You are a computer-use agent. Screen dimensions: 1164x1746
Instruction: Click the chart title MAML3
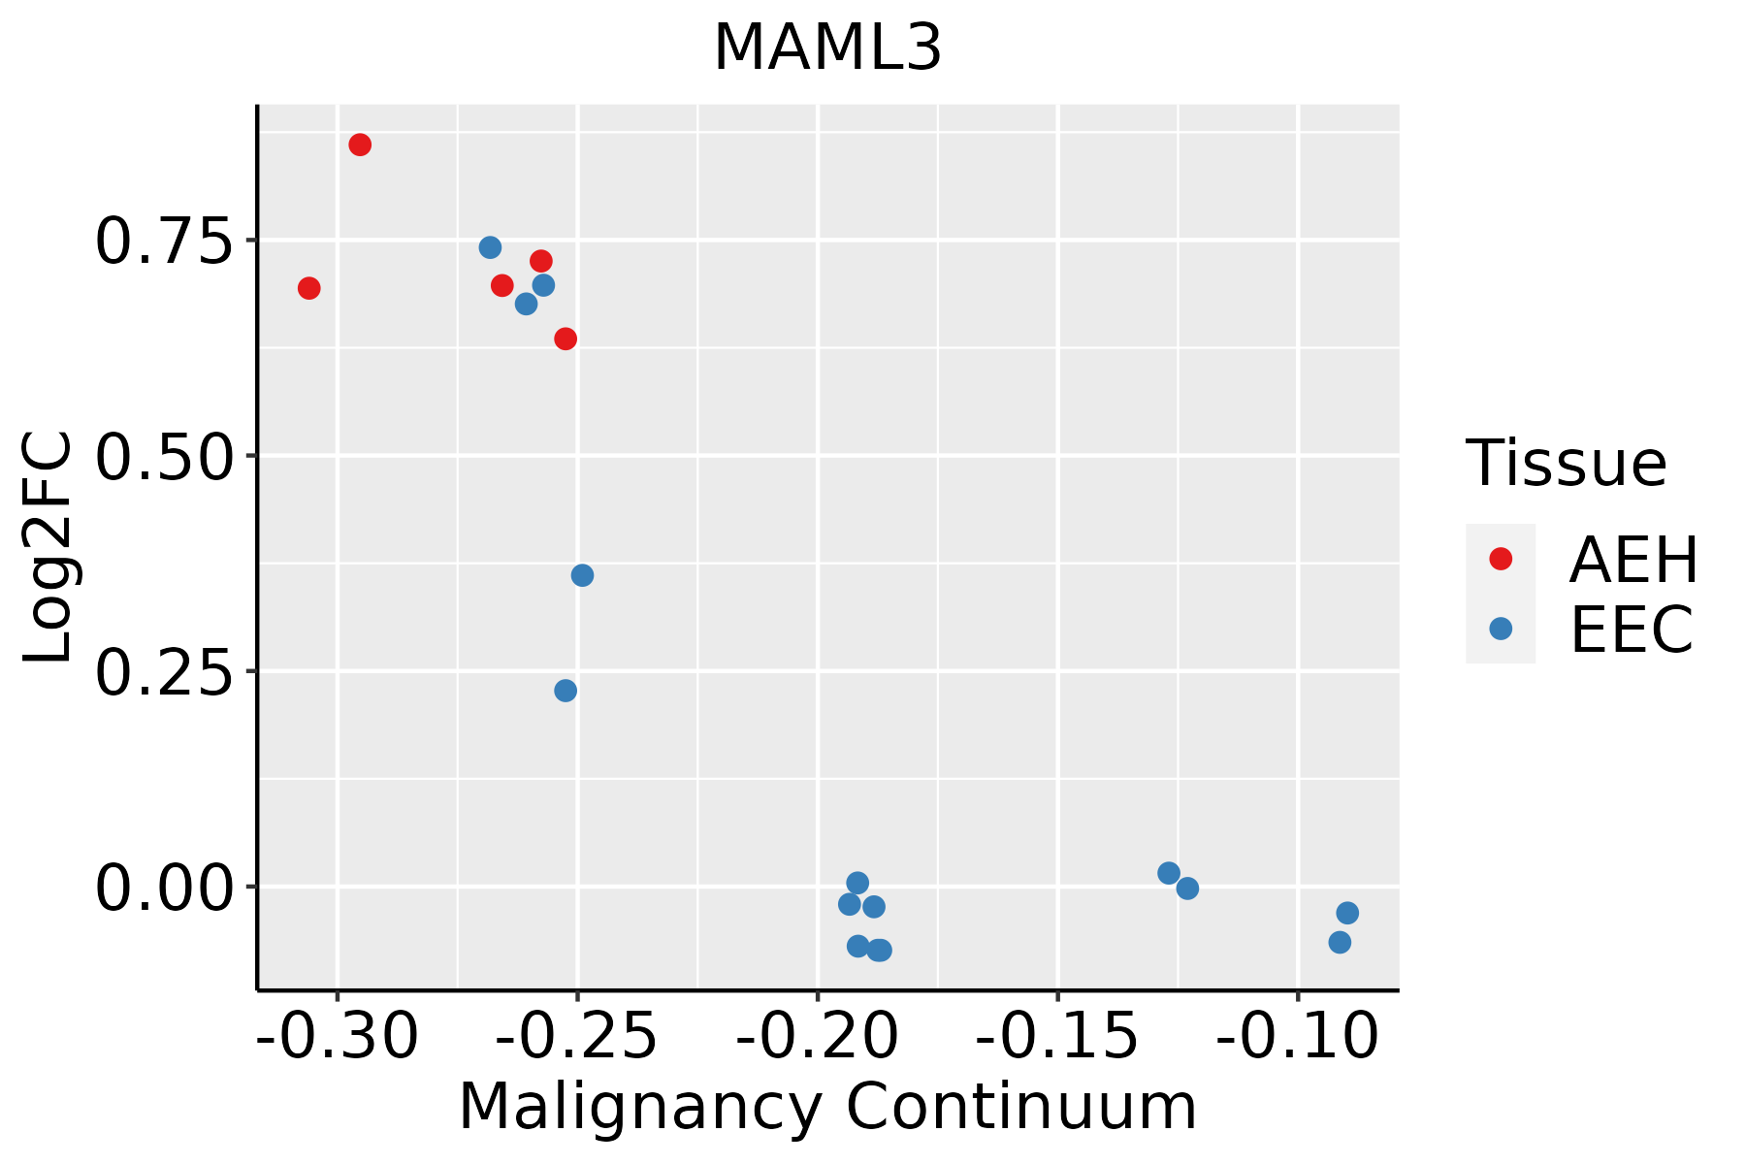point(827,48)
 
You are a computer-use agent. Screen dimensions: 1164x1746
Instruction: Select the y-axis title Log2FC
point(48,548)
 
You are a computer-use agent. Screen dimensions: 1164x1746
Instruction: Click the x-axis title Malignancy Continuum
point(827,1106)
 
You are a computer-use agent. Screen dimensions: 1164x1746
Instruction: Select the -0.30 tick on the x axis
point(337,1036)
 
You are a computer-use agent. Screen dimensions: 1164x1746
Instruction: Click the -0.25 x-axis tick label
point(577,1036)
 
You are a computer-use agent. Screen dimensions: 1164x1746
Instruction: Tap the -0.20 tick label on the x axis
point(818,1036)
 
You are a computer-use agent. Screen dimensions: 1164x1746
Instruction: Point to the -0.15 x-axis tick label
point(1057,1036)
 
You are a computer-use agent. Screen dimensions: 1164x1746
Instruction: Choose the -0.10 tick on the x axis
point(1297,1036)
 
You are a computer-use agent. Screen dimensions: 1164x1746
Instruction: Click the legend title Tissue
point(1566,464)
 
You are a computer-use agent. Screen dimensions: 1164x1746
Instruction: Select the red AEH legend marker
point(1501,559)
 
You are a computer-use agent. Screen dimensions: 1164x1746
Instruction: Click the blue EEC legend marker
point(1501,629)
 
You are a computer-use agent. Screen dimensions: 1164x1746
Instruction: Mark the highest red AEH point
point(360,145)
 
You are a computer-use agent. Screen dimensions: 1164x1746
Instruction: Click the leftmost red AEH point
point(309,288)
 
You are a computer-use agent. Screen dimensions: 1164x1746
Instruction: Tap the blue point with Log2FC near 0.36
point(582,575)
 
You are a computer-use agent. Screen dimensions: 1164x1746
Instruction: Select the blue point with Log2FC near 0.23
point(566,691)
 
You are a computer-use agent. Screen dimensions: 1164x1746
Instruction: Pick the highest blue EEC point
point(490,247)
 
